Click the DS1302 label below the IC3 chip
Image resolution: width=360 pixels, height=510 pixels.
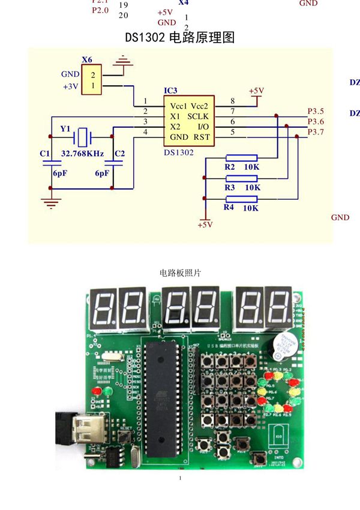[x=179, y=153]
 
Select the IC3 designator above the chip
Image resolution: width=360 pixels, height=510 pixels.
[x=170, y=91]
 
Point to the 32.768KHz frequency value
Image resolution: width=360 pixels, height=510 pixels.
[x=83, y=154]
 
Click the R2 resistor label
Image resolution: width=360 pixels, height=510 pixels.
[x=229, y=167]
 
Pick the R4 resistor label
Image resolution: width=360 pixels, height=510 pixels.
[x=228, y=207]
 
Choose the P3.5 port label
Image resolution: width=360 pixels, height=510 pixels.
[x=316, y=111]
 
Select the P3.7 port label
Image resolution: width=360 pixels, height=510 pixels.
[x=316, y=132]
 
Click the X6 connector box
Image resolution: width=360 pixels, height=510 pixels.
[x=92, y=80]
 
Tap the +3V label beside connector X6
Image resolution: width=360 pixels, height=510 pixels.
[x=70, y=86]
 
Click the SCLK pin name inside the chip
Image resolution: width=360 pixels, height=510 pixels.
[x=198, y=116]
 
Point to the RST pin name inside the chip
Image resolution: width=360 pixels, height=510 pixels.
[x=202, y=137]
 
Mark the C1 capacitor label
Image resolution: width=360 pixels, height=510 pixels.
[x=44, y=154]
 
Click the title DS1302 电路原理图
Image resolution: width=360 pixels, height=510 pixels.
[x=179, y=37]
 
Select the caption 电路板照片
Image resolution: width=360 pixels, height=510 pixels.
[x=180, y=272]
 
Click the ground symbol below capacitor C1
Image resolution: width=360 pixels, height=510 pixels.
[x=50, y=202]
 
